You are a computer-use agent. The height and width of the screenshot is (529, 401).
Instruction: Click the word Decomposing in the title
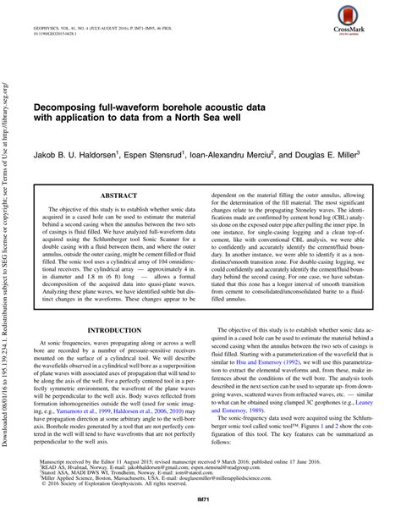70,110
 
